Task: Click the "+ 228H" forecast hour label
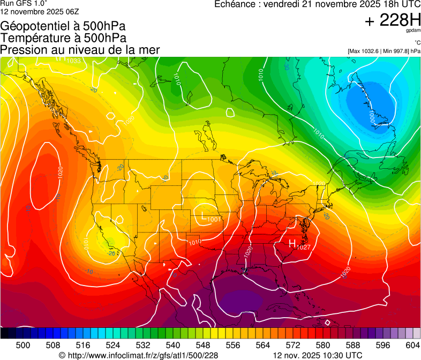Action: point(393,20)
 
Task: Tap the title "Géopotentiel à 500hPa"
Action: point(63,26)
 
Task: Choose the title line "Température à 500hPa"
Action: point(63,38)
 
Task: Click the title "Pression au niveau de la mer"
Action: point(80,50)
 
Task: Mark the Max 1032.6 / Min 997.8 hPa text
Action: point(384,51)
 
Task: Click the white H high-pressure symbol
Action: point(292,243)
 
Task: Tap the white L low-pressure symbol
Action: point(203,216)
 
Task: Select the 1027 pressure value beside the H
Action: point(303,247)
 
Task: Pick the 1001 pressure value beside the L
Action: point(214,219)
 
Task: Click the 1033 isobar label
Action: point(73,61)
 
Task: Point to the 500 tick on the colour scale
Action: point(23,344)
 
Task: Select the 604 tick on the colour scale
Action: point(412,344)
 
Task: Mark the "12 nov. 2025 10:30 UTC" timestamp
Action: point(318,355)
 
